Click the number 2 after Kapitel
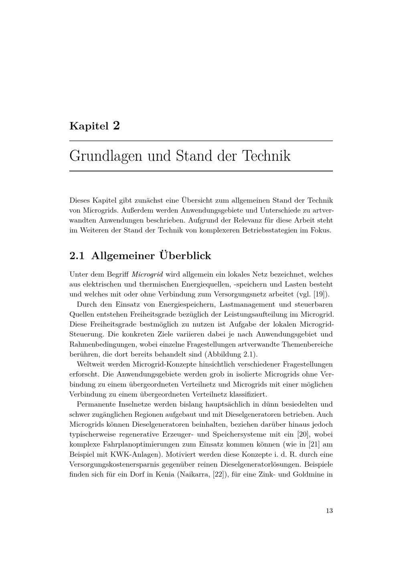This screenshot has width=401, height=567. coord(116,126)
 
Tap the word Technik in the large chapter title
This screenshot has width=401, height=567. coord(266,156)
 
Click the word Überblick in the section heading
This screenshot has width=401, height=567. coord(185,255)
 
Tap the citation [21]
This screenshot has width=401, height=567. coord(313,444)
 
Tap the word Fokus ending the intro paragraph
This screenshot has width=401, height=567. coord(320,231)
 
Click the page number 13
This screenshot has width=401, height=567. coord(329,510)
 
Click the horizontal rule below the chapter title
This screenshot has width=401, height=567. coord(201,171)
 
